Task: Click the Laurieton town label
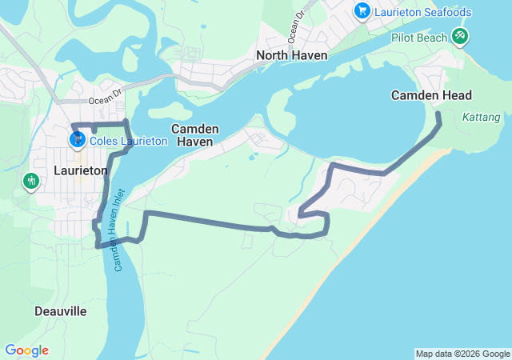point(80,170)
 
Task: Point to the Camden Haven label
point(192,134)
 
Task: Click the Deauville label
point(61,310)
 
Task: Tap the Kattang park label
point(481,118)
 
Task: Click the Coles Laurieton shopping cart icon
point(78,140)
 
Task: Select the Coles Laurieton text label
point(129,141)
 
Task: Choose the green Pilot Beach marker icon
point(459,36)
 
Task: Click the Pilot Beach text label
point(419,38)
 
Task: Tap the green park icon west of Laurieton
point(31,182)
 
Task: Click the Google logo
point(26,350)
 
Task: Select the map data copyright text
point(462,354)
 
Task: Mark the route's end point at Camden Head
point(438,116)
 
